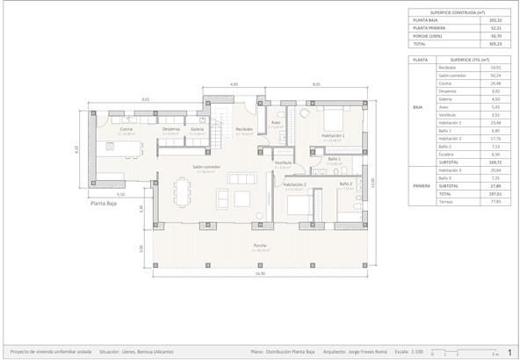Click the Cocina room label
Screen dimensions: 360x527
[126, 129]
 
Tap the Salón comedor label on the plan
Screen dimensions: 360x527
[207, 166]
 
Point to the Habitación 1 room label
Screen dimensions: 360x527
[332, 135]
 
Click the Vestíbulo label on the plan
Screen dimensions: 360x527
[283, 162]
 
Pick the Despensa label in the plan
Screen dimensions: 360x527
[171, 129]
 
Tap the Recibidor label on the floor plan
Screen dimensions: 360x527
[244, 129]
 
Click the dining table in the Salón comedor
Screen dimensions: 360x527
[183, 191]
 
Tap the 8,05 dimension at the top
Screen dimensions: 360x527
[315, 84]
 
